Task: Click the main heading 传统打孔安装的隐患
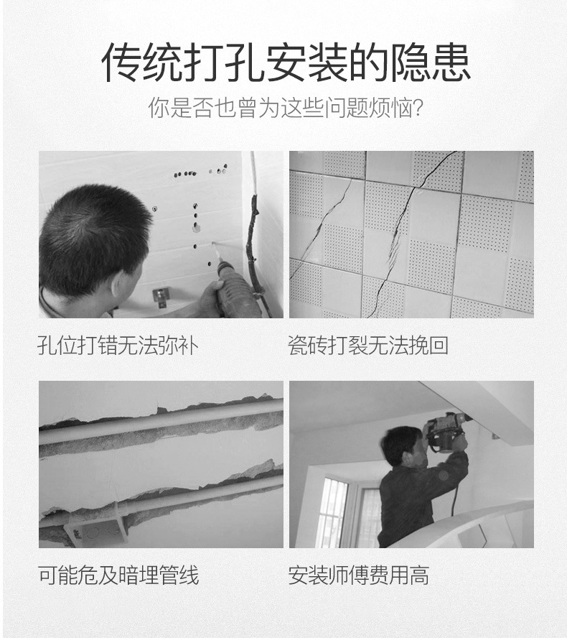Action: tap(285, 63)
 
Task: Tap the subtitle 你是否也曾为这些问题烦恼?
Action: tap(285, 109)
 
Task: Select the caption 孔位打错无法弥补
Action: tap(118, 345)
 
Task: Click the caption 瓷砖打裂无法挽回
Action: tap(368, 345)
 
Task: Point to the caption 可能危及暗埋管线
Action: tap(118, 575)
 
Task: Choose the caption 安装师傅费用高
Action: tap(358, 575)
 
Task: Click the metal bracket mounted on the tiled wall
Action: tap(161, 295)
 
